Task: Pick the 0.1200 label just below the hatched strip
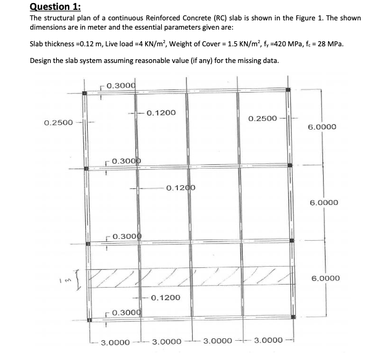click(166, 298)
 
